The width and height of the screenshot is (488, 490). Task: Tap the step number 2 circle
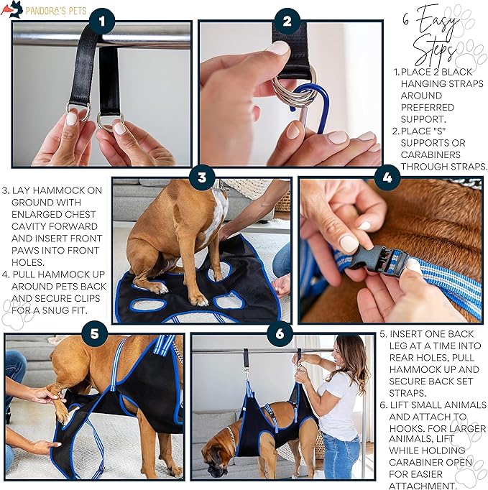pyautogui.click(x=287, y=22)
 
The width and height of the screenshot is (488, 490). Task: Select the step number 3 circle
pyautogui.click(x=202, y=177)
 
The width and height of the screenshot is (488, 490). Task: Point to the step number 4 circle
pyautogui.click(x=387, y=177)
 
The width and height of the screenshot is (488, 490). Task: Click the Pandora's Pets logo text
pyautogui.click(x=56, y=10)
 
